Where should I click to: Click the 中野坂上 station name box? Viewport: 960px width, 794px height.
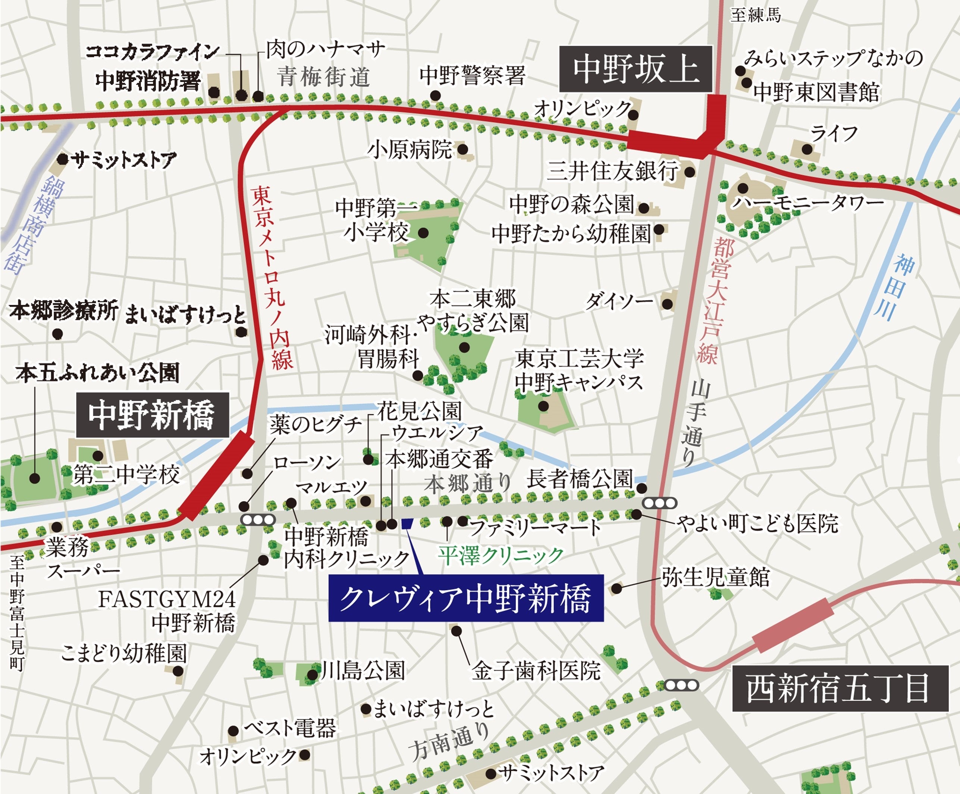[x=636, y=69]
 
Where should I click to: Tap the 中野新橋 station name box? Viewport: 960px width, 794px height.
[x=152, y=415]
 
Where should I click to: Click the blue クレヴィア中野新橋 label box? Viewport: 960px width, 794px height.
[x=466, y=598]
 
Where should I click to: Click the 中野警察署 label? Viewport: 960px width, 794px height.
[x=472, y=75]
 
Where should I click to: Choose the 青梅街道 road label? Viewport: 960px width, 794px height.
[x=323, y=76]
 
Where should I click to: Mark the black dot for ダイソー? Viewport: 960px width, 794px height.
[x=667, y=304]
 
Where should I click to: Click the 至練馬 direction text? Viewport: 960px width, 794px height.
[x=755, y=15]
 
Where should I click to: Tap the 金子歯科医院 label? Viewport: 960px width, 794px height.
[x=536, y=671]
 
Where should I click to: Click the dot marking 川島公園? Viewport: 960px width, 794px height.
[x=313, y=675]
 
